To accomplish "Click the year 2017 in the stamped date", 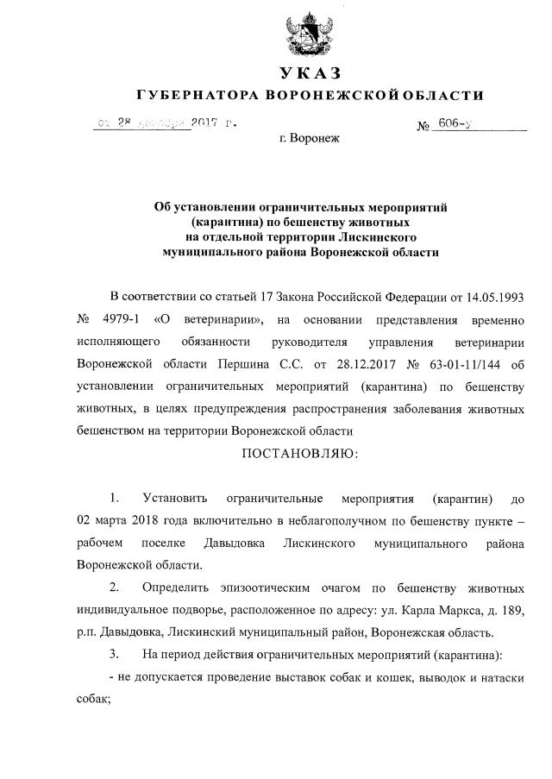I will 204,123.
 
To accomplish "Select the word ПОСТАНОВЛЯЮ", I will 299,454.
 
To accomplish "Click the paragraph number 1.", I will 113,499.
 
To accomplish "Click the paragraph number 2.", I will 114,589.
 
